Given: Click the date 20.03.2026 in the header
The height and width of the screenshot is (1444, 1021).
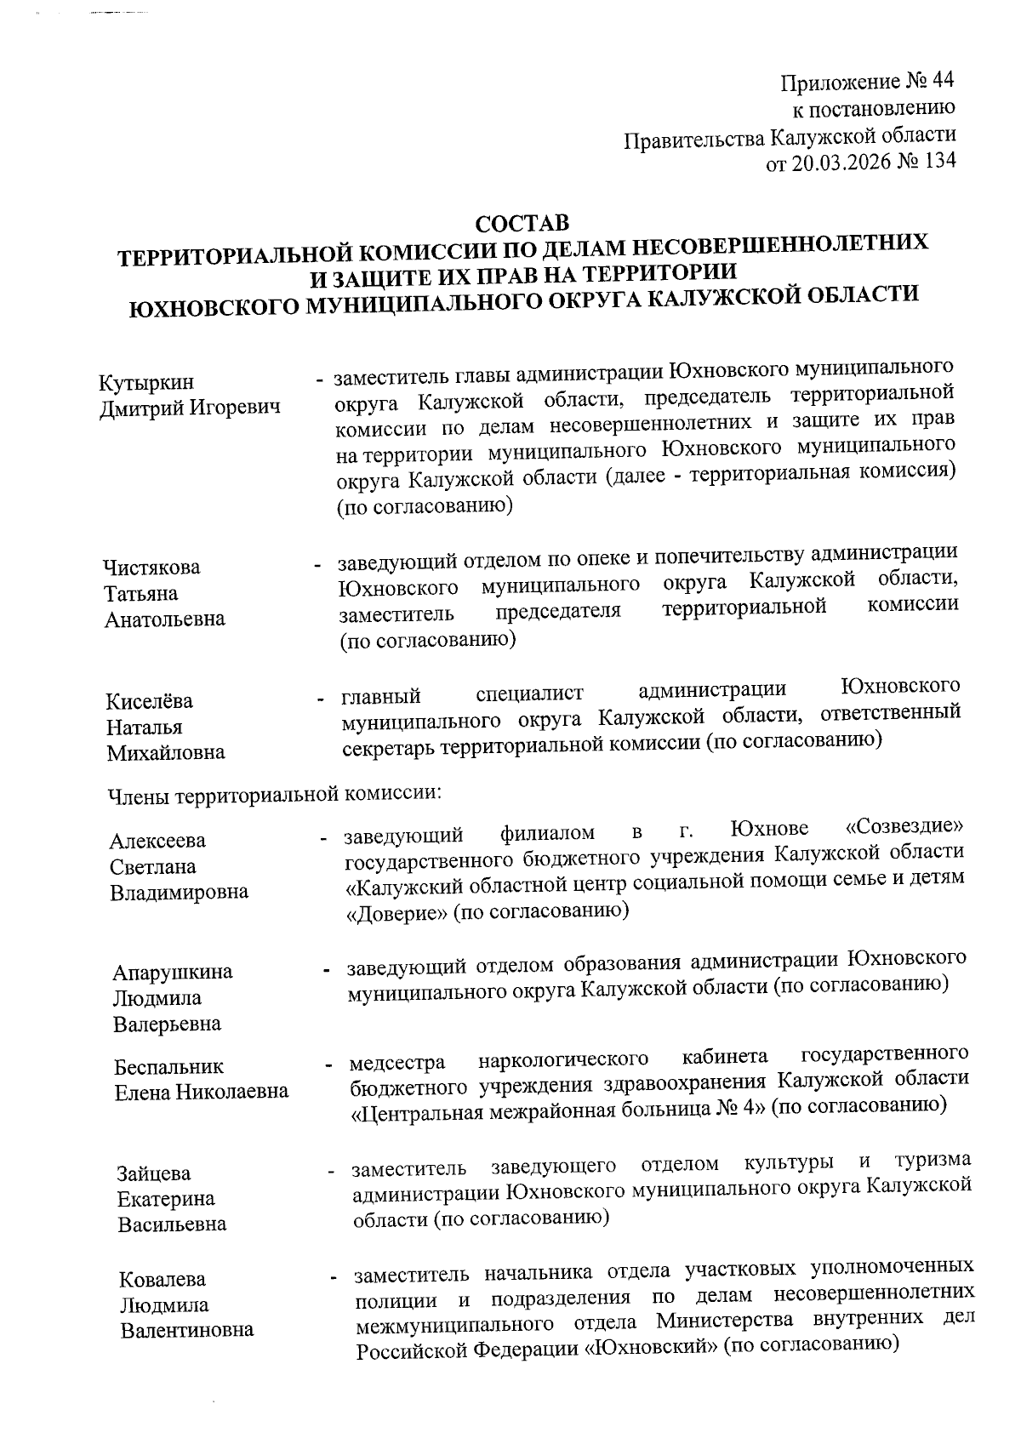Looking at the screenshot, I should point(842,162).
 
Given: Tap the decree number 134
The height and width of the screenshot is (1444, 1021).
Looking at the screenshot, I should point(938,161).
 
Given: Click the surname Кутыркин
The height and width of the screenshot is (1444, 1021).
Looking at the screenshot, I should point(146,384).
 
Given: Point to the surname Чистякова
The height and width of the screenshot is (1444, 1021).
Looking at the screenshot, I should point(152,568).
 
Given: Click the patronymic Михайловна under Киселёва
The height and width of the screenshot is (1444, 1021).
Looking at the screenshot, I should point(166,753).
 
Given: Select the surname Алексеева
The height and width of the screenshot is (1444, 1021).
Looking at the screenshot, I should point(157,842).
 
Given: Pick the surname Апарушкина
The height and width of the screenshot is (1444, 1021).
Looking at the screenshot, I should point(173,973).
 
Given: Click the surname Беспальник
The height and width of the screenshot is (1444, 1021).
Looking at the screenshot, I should point(169,1067).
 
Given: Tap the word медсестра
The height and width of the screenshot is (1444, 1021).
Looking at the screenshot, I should point(397,1064).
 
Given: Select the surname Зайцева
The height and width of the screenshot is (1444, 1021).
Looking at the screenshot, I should point(154,1174).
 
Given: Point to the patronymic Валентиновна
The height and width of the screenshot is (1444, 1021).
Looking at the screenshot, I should point(186,1331).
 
